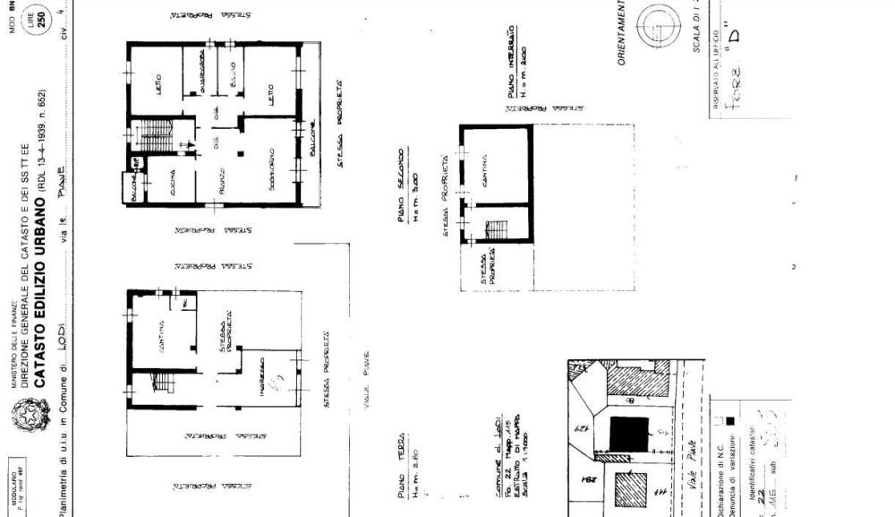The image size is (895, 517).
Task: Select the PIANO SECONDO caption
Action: point(404,189)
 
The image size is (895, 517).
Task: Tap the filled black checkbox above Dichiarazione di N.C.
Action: point(731,420)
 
